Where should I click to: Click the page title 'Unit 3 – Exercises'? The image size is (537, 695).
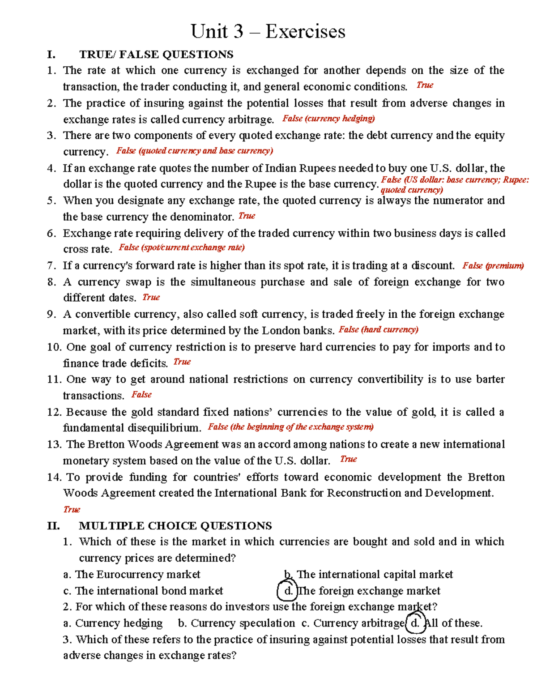point(268,32)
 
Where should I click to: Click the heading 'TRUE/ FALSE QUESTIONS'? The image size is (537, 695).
point(156,55)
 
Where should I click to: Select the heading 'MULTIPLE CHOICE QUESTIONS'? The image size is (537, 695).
point(175,525)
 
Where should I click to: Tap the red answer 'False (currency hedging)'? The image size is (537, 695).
point(328,119)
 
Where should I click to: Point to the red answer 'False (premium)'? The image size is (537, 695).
point(493,266)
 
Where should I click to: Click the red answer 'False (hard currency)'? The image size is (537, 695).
point(378,330)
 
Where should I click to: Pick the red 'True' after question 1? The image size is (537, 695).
point(425,85)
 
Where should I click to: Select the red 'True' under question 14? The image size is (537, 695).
point(72,509)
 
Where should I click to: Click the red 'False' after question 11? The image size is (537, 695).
point(141,395)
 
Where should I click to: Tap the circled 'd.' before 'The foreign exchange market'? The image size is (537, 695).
point(288,591)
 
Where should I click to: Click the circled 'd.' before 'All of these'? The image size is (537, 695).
point(415,623)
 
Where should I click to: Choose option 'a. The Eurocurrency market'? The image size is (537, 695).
point(132,575)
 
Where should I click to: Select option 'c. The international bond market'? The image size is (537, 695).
point(143,591)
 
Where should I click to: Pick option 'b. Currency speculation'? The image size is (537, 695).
point(236,623)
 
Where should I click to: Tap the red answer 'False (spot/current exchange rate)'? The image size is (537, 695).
point(182,247)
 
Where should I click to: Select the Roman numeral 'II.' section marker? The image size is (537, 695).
point(53,525)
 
